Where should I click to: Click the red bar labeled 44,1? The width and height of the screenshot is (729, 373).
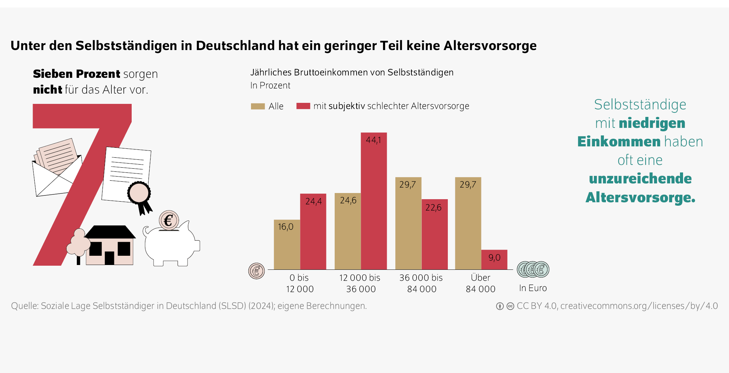coord(373,206)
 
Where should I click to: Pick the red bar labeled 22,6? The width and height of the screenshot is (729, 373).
coord(434,237)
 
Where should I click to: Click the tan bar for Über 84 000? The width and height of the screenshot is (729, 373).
coord(468,226)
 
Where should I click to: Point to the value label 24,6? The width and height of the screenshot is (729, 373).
coord(348,201)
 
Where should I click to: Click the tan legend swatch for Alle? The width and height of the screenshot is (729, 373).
coord(258,106)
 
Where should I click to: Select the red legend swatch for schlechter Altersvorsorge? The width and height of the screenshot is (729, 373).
coord(303,106)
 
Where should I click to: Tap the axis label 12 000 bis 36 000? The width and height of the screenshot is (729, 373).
coord(360,283)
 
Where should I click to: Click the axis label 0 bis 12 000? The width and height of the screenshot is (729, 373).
coord(300,283)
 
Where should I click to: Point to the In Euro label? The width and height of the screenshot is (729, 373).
coord(533,288)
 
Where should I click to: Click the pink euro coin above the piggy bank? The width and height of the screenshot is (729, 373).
coord(168,220)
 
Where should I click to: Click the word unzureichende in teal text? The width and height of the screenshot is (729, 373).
coord(640,179)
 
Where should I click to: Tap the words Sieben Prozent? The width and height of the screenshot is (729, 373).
coord(76,74)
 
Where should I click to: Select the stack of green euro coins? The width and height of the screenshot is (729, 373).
coord(533,269)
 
